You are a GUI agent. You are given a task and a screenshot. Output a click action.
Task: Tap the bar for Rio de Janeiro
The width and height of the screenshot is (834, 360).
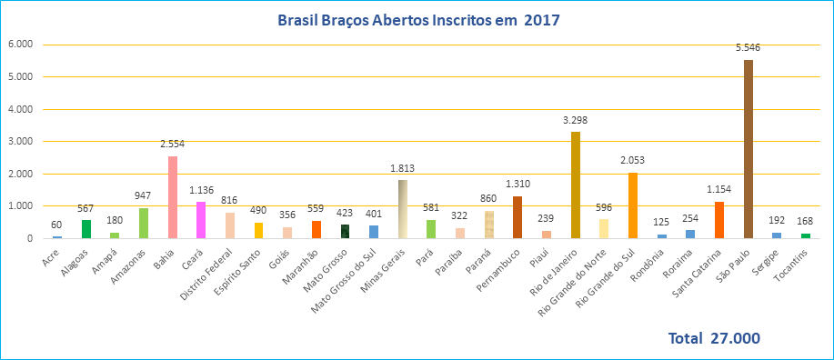575,185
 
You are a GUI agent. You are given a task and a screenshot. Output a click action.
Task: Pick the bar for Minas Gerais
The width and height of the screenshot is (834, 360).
402,209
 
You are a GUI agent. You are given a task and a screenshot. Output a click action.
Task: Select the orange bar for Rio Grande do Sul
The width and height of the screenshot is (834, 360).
632,205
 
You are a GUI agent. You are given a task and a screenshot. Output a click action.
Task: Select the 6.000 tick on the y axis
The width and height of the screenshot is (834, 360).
20,44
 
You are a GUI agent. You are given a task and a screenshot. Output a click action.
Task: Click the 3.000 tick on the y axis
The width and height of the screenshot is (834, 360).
20,141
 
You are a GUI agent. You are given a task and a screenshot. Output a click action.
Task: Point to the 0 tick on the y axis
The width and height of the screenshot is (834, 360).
30,238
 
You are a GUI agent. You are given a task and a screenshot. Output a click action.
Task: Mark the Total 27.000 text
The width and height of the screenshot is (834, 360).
714,338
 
